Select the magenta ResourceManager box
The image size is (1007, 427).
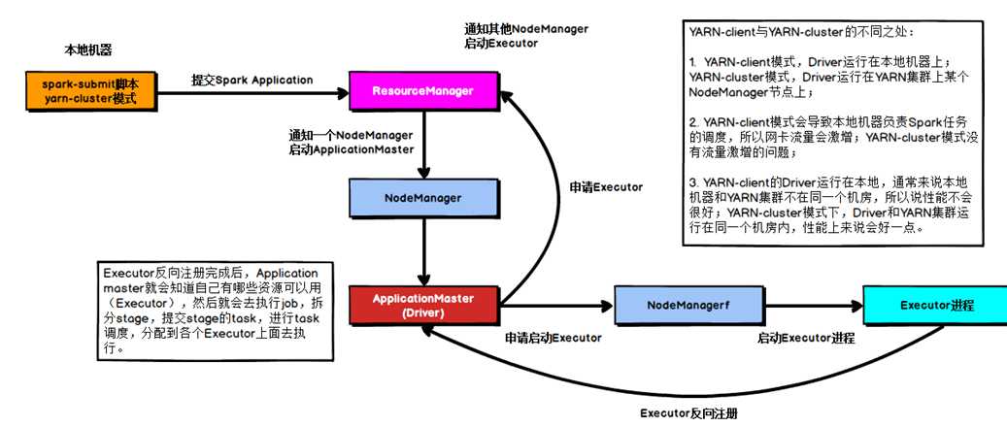(422, 91)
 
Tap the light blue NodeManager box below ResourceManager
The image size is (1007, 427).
(422, 197)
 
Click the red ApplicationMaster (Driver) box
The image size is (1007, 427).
(422, 305)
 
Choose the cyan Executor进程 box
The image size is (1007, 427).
(936, 305)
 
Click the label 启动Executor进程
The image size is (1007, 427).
(806, 339)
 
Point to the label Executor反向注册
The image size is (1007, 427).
(695, 412)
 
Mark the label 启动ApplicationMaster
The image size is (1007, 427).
(352, 149)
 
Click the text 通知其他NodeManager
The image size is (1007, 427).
(526, 29)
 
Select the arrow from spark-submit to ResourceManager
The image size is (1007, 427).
(251, 93)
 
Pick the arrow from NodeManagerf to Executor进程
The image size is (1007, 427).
(806, 306)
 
